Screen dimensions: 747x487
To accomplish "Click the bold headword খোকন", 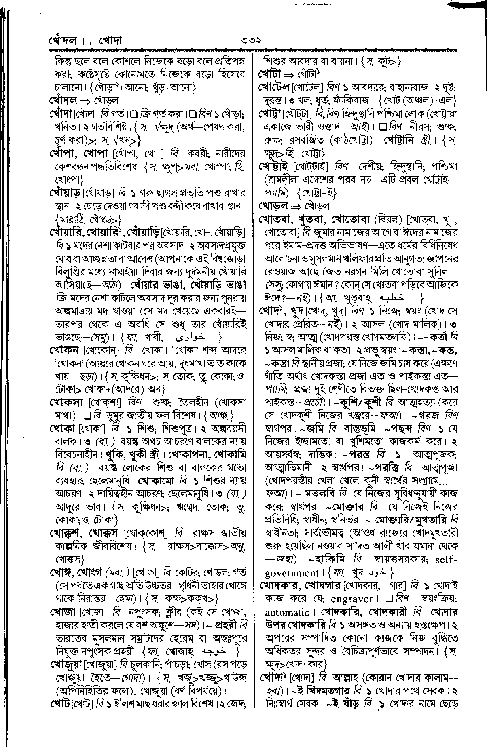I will tap(64, 350).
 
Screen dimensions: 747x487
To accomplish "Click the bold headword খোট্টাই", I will tap(277, 166).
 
